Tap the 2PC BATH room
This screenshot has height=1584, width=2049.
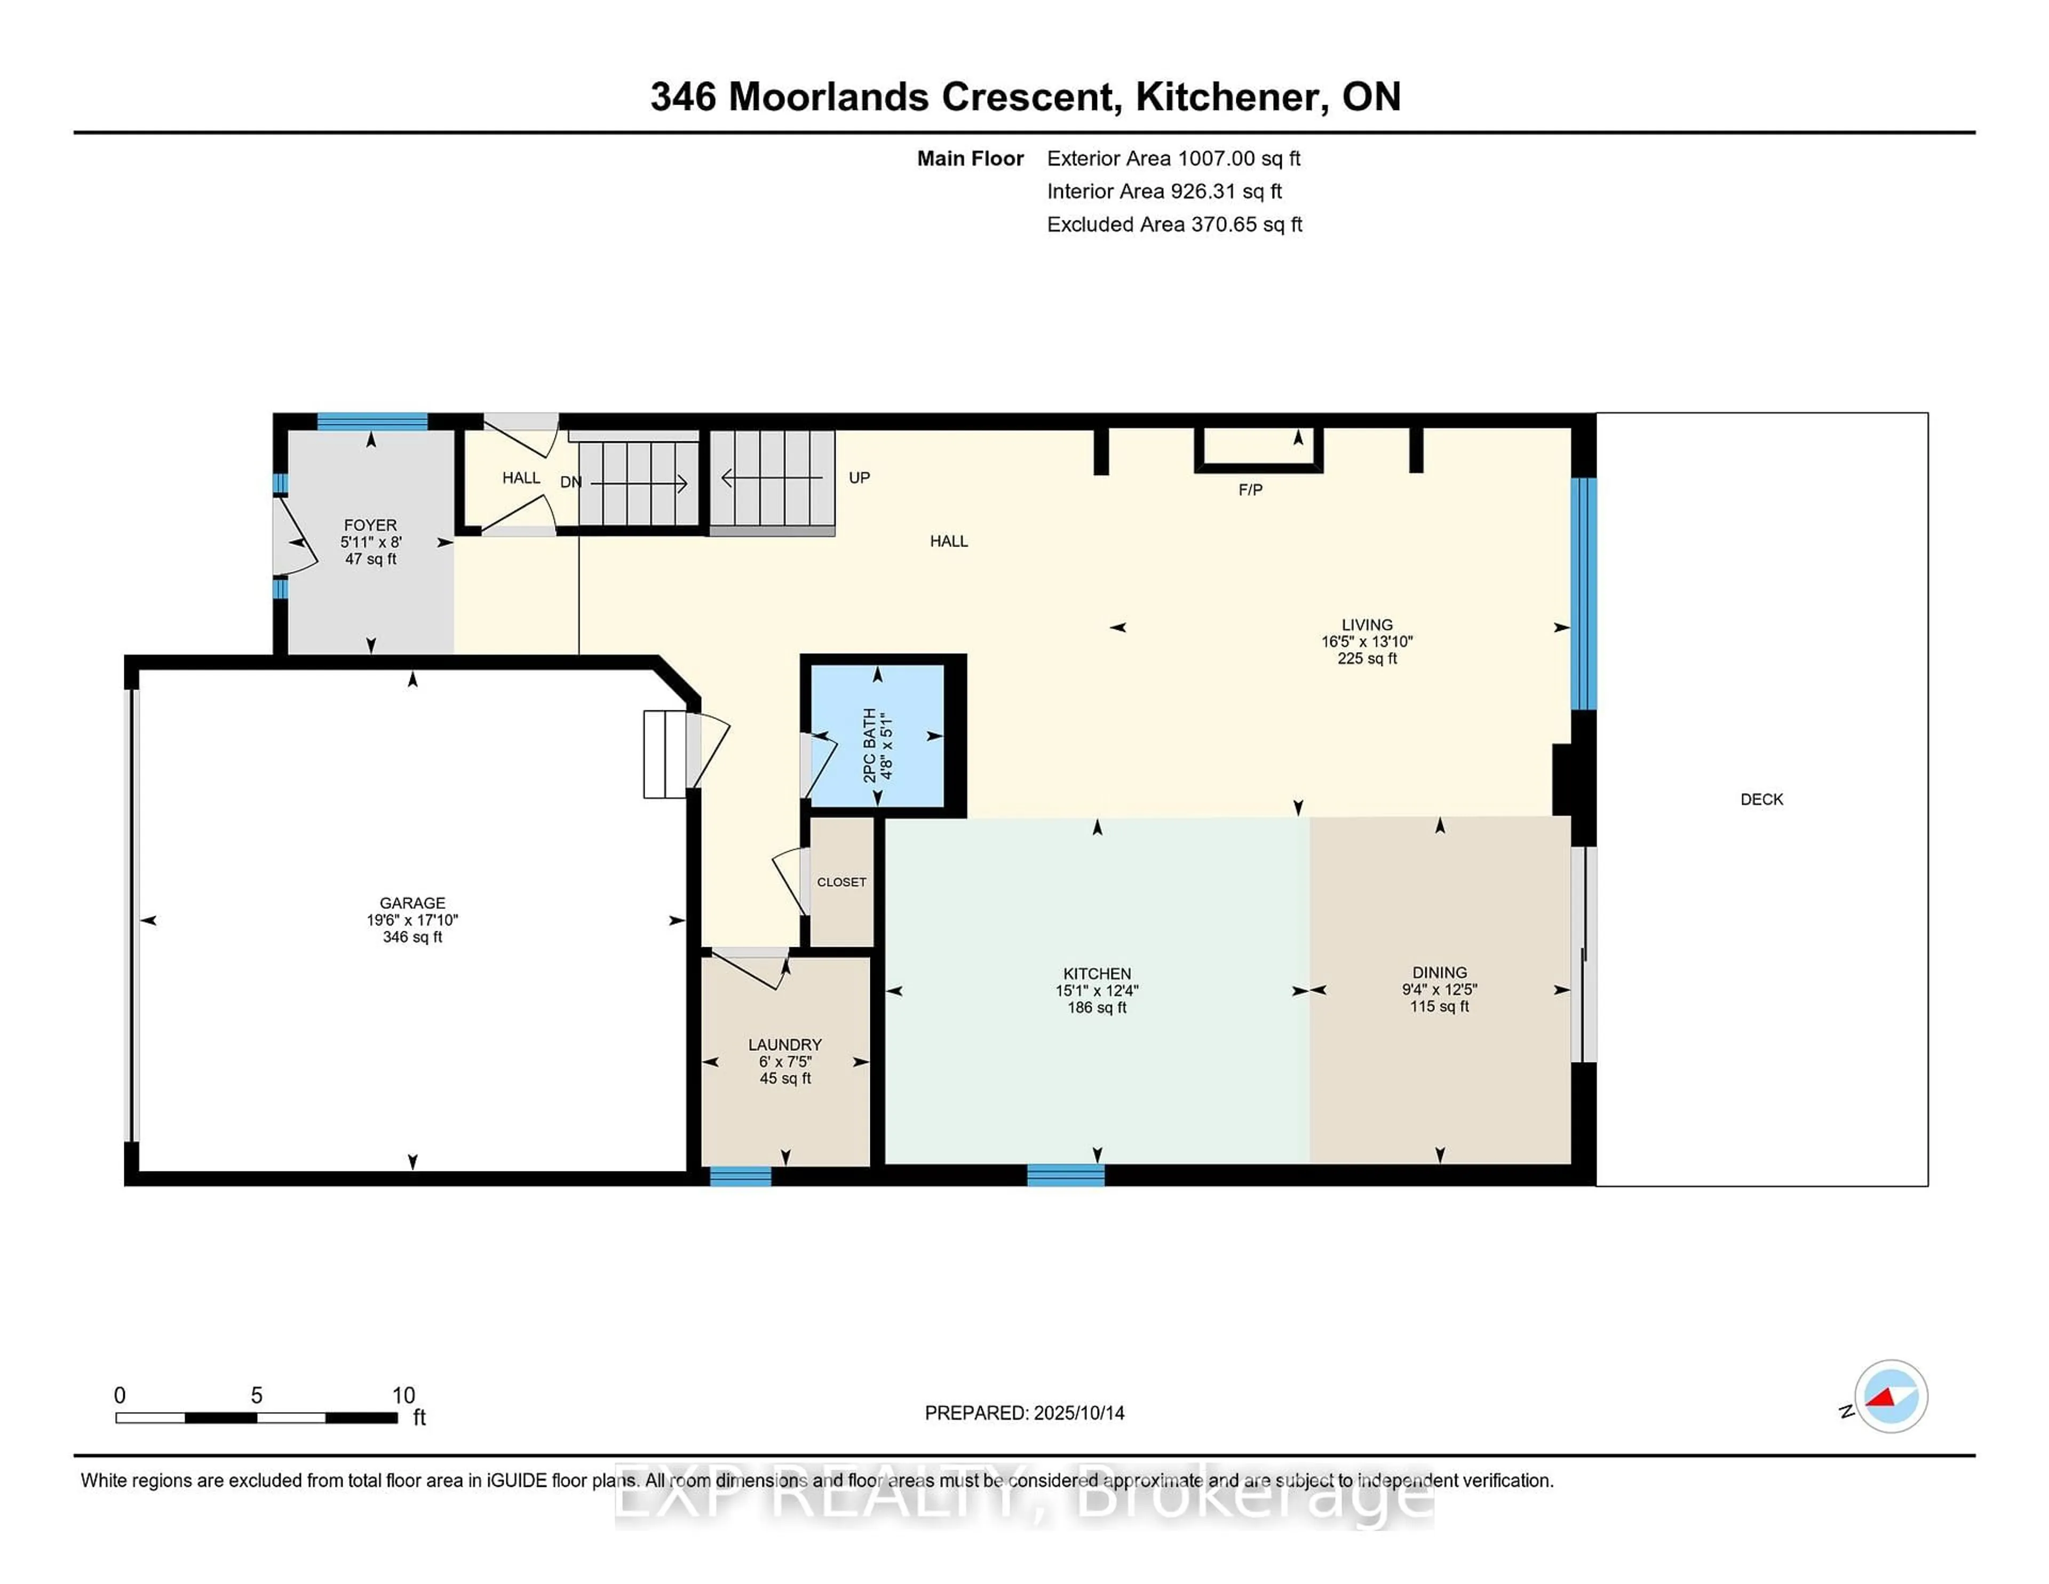(x=877, y=736)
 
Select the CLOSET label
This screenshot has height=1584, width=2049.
(x=841, y=882)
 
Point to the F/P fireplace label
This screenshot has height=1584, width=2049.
(x=1250, y=490)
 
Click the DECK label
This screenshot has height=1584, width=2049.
(x=1761, y=799)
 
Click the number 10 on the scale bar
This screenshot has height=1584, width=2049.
(x=403, y=1396)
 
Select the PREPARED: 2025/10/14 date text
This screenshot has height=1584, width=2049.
(x=1024, y=1413)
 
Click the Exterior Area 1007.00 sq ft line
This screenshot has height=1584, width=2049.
(x=1174, y=159)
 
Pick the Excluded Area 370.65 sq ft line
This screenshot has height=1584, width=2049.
(x=1174, y=224)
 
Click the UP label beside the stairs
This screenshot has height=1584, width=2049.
(x=859, y=478)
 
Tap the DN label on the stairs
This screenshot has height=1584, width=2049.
(x=570, y=482)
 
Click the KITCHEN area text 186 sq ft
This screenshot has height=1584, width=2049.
(x=1097, y=1007)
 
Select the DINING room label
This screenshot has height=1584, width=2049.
(x=1439, y=972)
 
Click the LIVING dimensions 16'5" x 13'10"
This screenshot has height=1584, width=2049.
(x=1367, y=642)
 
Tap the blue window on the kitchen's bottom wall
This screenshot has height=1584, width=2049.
(x=1066, y=1175)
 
